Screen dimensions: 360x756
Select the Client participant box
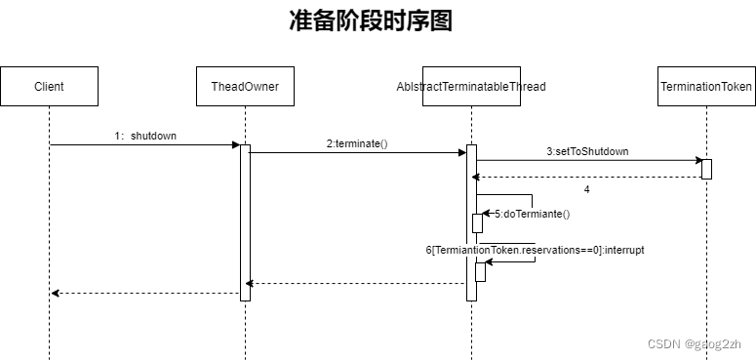49,86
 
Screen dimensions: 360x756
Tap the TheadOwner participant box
245,86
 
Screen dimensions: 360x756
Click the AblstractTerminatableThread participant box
471,86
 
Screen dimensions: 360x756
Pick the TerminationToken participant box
706,86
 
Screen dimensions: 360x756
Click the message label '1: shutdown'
146,136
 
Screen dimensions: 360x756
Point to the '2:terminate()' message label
357,143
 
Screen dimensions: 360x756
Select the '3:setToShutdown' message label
587,151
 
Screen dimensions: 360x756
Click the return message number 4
586,188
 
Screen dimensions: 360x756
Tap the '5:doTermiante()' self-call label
532,213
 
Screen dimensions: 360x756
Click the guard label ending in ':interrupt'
535,250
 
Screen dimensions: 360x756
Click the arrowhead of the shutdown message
235,145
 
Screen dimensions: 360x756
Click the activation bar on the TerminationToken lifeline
706,169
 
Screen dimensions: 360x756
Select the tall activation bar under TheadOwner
245,222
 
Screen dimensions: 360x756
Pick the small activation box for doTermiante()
478,222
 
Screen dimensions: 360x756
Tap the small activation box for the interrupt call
479,271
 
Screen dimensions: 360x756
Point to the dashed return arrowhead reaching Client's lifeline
55,293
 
